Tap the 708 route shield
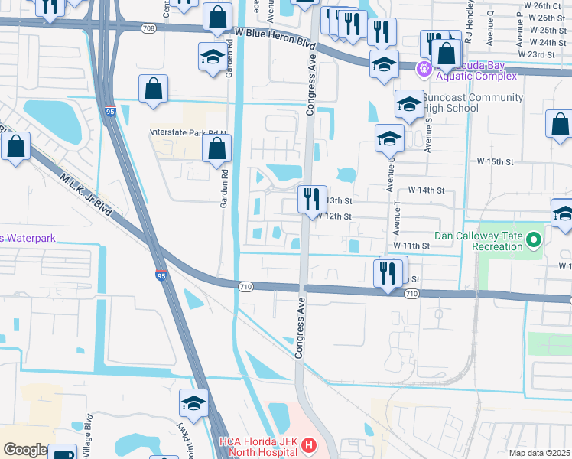point(149,28)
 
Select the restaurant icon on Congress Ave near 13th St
point(312,200)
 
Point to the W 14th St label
point(426,190)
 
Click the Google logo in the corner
point(24,450)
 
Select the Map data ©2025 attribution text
point(538,453)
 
